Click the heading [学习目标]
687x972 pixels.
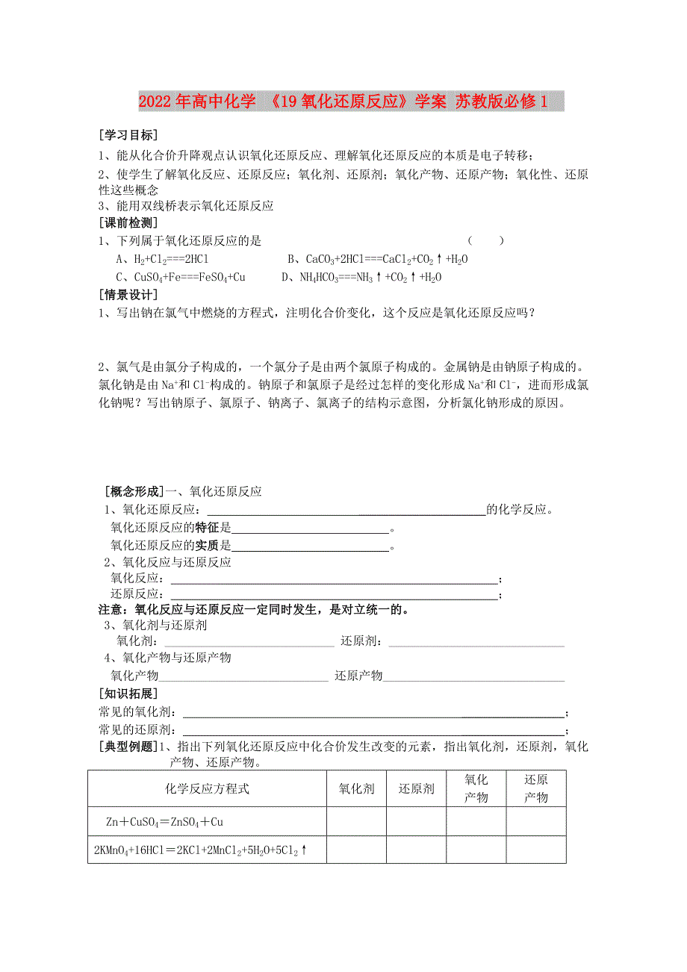point(128,135)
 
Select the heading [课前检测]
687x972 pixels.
point(128,222)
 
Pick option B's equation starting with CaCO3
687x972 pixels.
point(378,259)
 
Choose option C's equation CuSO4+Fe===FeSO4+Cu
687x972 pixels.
point(181,277)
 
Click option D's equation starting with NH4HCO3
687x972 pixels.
point(361,277)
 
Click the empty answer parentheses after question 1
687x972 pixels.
point(485,240)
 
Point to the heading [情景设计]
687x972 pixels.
point(128,295)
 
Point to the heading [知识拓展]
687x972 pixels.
point(128,694)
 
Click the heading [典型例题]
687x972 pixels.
point(128,746)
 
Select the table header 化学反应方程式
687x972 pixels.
point(207,788)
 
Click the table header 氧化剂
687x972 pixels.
point(356,788)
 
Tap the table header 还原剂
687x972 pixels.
point(416,788)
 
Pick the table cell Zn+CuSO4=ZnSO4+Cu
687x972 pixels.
point(165,822)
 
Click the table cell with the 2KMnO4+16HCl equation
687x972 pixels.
point(202,850)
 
